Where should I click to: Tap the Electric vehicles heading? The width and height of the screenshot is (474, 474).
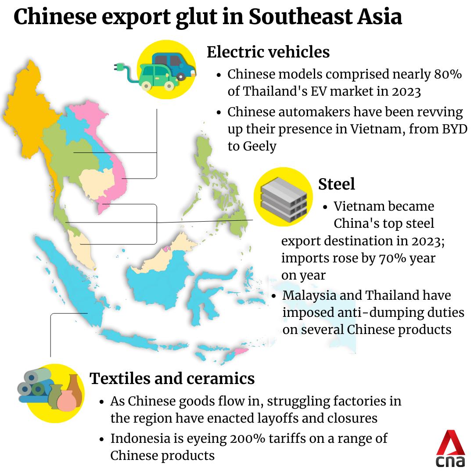(x=268, y=52)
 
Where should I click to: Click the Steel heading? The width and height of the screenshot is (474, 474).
(x=337, y=183)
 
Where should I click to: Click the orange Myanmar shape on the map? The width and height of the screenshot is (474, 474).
(x=26, y=110)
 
